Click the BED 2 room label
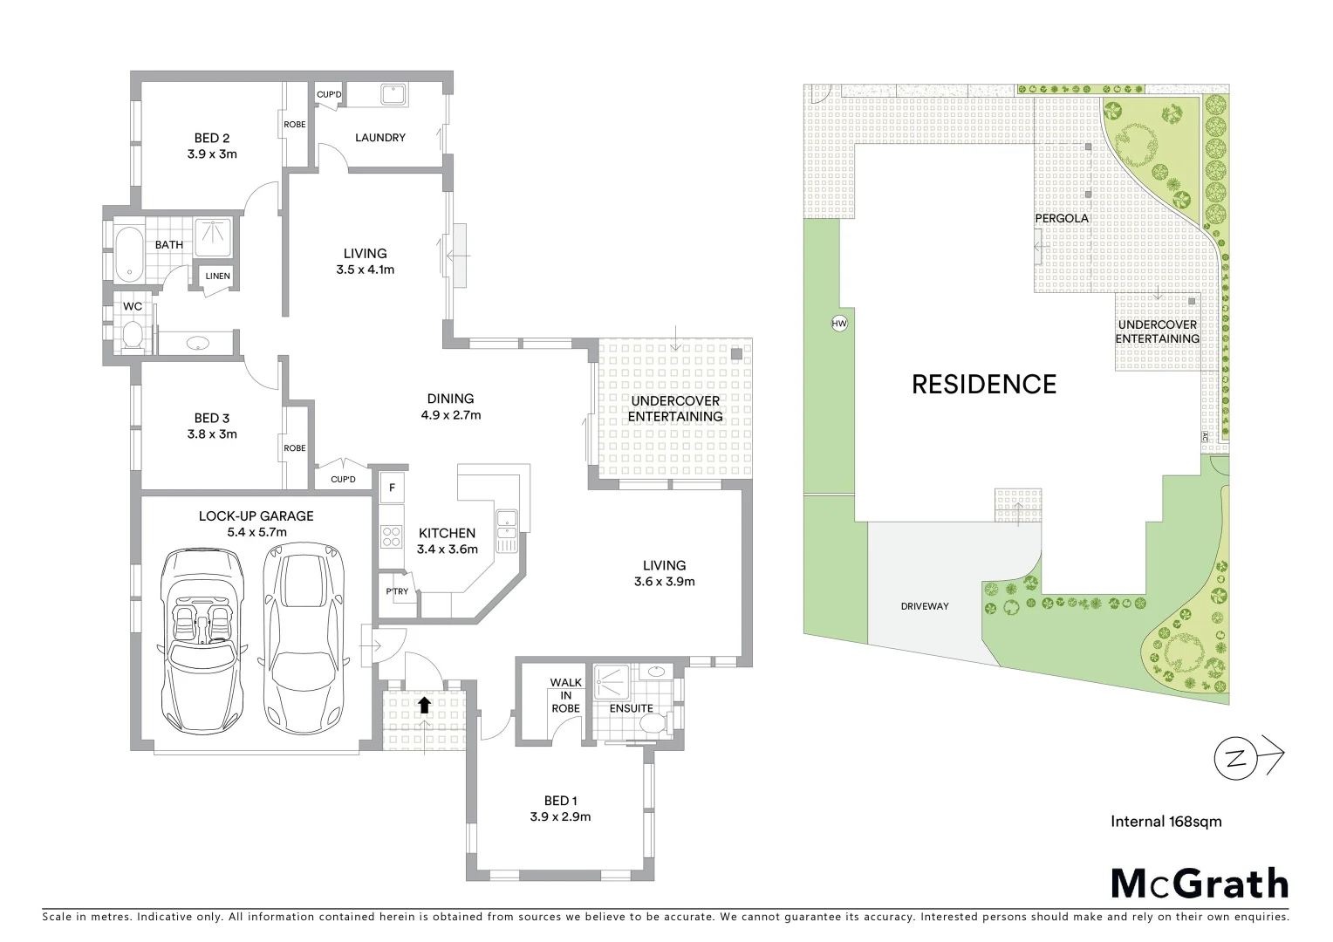(212, 138)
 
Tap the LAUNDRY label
(379, 138)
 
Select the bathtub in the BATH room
(128, 253)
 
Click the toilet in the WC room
(132, 335)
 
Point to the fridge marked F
(393, 488)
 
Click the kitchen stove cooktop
(391, 536)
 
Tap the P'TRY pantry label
(397, 592)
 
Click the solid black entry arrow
(425, 704)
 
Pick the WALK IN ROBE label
(565, 696)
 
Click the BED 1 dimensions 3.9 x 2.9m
(560, 817)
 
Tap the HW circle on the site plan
(839, 324)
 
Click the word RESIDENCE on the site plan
(983, 385)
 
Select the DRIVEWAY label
(924, 606)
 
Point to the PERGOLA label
(1062, 218)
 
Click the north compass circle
(1236, 758)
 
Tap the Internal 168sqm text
(1166, 821)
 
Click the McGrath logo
(1200, 884)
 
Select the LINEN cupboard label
(218, 276)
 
